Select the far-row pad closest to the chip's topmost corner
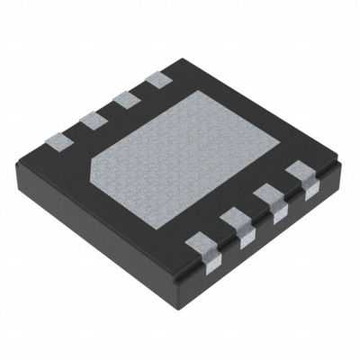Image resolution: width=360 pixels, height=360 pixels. (x=159, y=79)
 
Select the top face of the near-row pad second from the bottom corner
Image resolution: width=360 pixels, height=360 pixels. (x=237, y=219)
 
